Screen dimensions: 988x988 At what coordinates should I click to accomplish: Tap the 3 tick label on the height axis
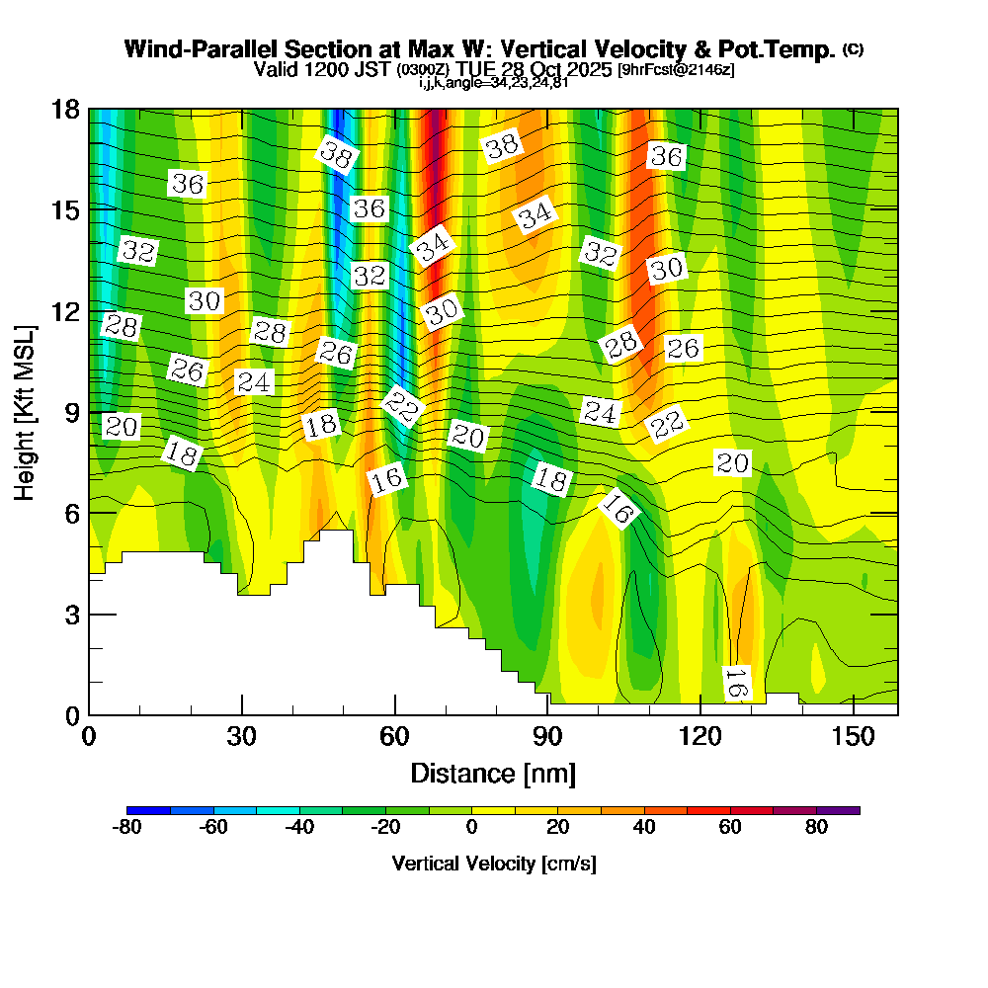click(72, 614)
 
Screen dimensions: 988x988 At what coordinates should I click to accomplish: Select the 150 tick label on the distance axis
click(852, 736)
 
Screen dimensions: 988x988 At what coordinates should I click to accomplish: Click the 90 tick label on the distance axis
click(547, 736)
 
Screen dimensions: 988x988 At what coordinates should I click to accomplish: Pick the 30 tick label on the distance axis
click(242, 736)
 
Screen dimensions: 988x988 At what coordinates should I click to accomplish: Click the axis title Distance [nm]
click(492, 773)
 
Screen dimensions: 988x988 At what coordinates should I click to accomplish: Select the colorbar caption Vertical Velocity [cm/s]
click(493, 864)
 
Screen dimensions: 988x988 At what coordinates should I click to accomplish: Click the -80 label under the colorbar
click(128, 828)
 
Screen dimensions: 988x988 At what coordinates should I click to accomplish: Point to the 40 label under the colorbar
click(644, 828)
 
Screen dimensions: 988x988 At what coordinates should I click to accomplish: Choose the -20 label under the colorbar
click(385, 828)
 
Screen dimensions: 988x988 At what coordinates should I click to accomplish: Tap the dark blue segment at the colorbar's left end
click(149, 810)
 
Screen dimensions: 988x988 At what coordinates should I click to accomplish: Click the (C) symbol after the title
click(853, 48)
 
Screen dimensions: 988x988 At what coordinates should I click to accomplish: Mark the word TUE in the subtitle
click(480, 70)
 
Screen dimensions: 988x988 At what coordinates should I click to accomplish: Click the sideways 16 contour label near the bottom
click(736, 684)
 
